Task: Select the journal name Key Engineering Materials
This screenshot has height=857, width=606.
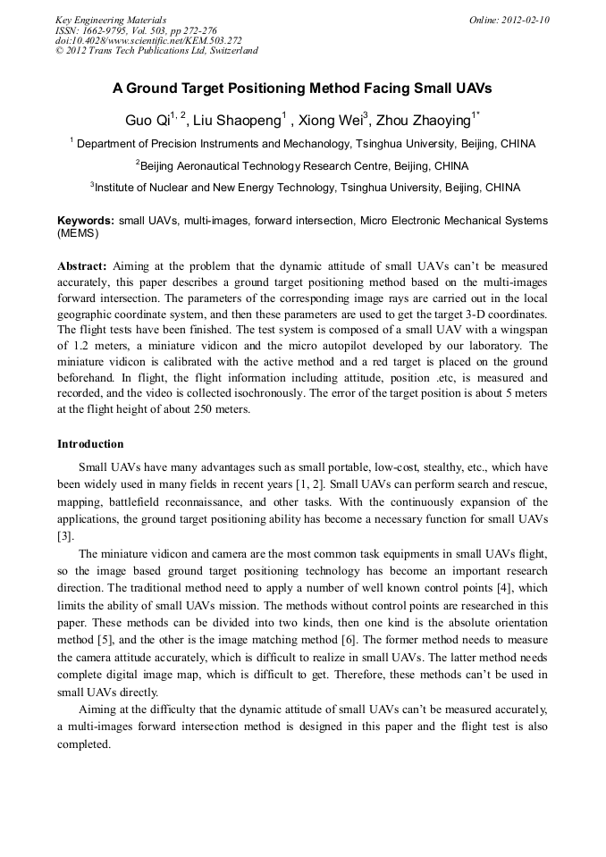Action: [x=111, y=20]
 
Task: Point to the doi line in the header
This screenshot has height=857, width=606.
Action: [x=148, y=40]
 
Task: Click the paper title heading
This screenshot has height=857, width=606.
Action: [x=302, y=89]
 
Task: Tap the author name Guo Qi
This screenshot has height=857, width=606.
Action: [x=144, y=121]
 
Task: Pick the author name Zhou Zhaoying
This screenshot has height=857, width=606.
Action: [x=425, y=121]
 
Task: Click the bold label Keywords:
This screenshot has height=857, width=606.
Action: [x=86, y=220]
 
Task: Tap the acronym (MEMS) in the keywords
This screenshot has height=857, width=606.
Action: [x=78, y=233]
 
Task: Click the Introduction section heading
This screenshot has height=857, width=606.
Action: [x=90, y=444]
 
